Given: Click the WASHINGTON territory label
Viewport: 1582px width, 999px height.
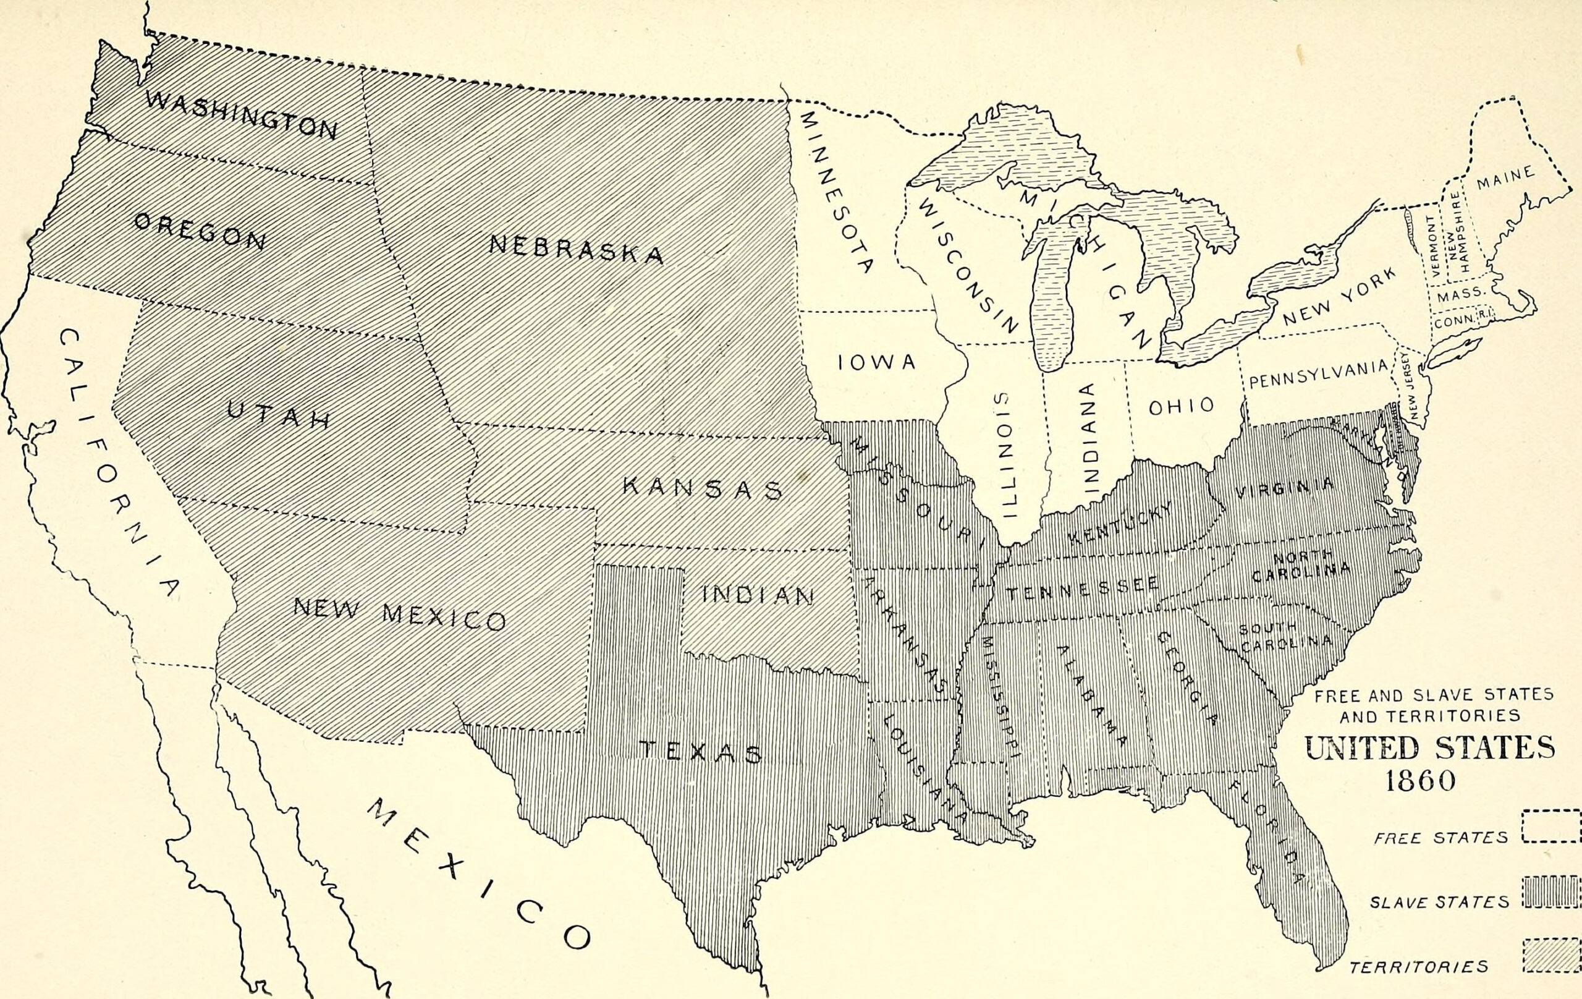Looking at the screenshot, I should pyautogui.click(x=241, y=114).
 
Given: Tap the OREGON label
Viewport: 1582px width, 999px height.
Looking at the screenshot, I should pyautogui.click(x=200, y=231).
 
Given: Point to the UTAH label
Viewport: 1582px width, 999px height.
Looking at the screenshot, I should pyautogui.click(x=279, y=415).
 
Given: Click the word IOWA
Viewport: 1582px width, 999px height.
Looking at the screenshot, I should pyautogui.click(x=876, y=362).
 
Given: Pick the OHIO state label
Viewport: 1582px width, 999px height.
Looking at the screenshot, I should pyautogui.click(x=1181, y=406).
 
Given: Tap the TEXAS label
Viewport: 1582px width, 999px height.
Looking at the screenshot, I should pyautogui.click(x=700, y=752).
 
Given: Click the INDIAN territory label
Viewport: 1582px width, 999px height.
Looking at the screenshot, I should pyautogui.click(x=759, y=595).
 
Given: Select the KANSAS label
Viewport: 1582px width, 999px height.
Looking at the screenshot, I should pyautogui.click(x=702, y=488).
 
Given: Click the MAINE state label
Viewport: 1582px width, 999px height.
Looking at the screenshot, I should pyautogui.click(x=1506, y=177).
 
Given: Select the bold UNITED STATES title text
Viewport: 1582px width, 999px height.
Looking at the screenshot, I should pyautogui.click(x=1429, y=748).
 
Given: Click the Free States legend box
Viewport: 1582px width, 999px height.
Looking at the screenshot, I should pyautogui.click(x=1550, y=826).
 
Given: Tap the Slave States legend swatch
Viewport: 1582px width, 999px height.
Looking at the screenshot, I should pyautogui.click(x=1550, y=891).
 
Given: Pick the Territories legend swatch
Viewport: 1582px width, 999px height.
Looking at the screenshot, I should pyautogui.click(x=1550, y=955).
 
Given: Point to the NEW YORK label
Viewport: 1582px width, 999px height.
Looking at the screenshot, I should pyautogui.click(x=1340, y=297).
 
